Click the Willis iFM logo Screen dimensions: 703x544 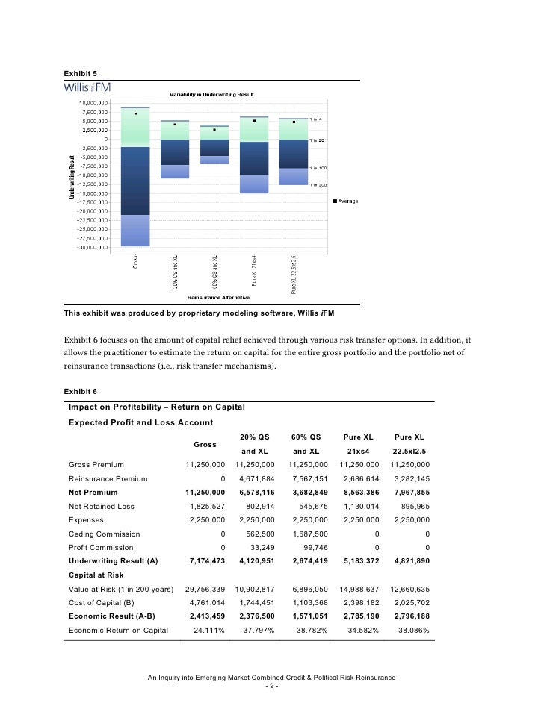90,89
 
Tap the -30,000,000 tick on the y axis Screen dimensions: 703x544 93,247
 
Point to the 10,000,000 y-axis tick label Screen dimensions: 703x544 94,103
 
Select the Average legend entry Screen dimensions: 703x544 344,201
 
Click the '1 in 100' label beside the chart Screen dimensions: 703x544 318,168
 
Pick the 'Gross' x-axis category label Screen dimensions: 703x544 136,263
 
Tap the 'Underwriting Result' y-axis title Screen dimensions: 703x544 72,176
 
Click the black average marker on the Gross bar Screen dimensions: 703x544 135,114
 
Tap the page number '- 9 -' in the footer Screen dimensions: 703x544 271,686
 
